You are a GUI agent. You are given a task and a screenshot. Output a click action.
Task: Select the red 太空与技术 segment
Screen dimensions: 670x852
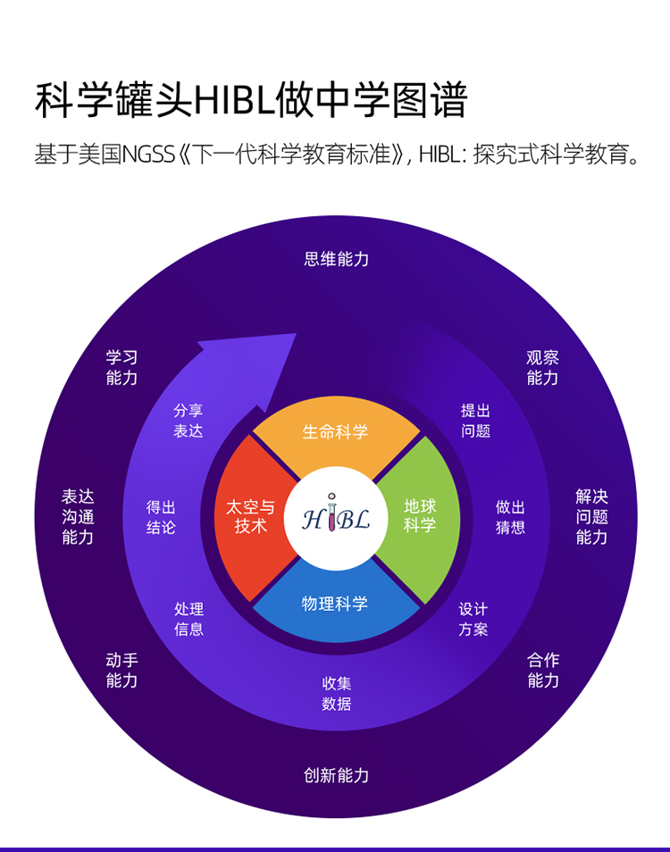click(250, 517)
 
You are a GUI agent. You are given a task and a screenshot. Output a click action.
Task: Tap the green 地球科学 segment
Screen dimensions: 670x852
click(420, 516)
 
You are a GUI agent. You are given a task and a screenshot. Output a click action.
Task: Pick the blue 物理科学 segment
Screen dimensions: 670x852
click(336, 605)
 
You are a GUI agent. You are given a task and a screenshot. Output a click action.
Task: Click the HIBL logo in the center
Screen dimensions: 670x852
click(336, 518)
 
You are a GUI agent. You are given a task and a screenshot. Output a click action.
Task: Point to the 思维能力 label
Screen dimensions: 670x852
click(337, 259)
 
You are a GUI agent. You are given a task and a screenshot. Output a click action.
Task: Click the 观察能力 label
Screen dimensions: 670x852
click(542, 368)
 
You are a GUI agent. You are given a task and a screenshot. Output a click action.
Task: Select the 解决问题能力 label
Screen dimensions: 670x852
click(591, 517)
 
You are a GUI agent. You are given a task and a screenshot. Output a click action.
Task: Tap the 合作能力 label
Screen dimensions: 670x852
click(543, 671)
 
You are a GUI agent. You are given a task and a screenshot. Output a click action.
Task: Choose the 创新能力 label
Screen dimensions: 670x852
click(337, 775)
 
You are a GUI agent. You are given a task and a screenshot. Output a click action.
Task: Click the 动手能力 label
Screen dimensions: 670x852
click(121, 671)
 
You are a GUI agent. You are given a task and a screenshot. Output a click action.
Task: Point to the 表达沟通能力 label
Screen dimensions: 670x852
click(78, 517)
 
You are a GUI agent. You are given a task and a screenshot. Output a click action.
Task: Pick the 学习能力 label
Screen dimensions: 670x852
click(121, 368)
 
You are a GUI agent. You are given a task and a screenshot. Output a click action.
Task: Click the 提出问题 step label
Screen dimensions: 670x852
click(475, 422)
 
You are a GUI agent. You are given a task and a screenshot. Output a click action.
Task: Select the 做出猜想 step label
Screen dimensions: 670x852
click(510, 517)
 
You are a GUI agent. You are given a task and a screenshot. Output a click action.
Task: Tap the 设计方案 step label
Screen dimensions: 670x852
click(473, 620)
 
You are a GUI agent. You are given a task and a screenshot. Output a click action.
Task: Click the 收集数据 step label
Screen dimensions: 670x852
click(337, 694)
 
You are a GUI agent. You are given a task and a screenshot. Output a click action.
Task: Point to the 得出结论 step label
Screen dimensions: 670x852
click(161, 517)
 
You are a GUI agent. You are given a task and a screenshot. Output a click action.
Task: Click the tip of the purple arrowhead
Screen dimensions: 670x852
click(297, 334)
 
